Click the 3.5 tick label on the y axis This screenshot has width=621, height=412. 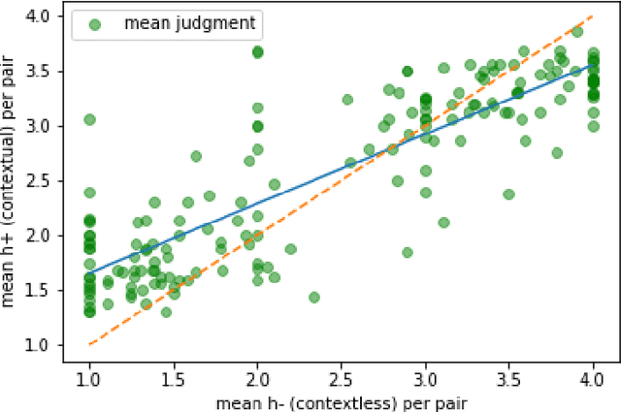pyautogui.click(x=48, y=72)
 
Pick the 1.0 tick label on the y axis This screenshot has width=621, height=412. pyautogui.click(x=48, y=344)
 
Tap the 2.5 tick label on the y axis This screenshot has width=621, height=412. pyautogui.click(x=48, y=180)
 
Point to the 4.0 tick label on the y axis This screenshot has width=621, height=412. pyautogui.click(x=48, y=17)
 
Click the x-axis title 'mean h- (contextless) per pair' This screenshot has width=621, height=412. pyautogui.click(x=341, y=397)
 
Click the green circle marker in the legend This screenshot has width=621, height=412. pyautogui.click(x=93, y=24)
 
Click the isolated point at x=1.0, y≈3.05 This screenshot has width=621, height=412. pyautogui.click(x=89, y=120)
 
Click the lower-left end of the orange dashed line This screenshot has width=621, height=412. pyautogui.click(x=89, y=344)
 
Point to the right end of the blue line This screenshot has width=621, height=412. pyautogui.click(x=593, y=65)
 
